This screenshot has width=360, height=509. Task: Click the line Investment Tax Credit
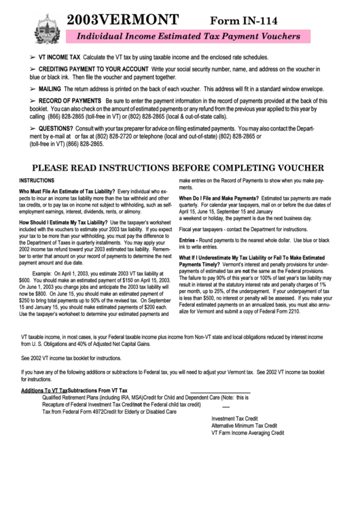(234, 419)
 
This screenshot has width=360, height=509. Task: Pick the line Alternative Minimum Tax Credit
(244, 425)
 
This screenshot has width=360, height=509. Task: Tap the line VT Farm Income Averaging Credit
(247, 432)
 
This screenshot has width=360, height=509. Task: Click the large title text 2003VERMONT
(123, 19)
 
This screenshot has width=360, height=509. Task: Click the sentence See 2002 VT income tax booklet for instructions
(71, 357)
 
